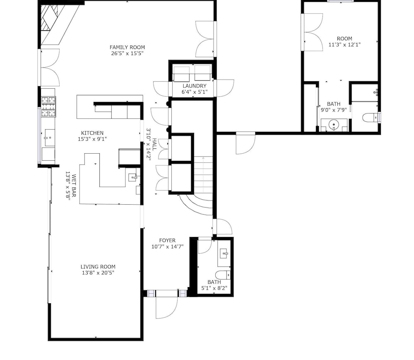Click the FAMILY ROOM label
tap(127, 47)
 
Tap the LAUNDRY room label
tap(194, 86)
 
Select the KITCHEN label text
tap(92, 133)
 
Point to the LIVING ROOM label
tap(98, 267)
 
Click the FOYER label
tap(167, 240)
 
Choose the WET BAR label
tap(74, 186)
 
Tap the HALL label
tap(154, 144)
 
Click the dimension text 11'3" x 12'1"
tap(344, 45)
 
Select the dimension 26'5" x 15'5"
tap(127, 53)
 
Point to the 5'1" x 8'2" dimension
tap(214, 288)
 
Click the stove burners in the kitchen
tap(48, 107)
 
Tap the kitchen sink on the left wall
tap(49, 138)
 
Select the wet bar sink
tap(133, 177)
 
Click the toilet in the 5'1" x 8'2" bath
tap(223, 275)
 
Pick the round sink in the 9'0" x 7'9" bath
tap(334, 124)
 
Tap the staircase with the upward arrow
tap(203, 174)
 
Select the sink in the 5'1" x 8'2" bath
tap(224, 254)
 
